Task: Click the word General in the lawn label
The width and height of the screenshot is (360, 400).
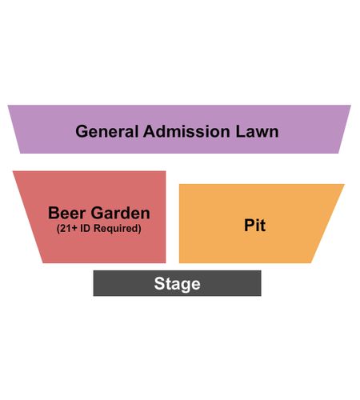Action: coord(107,131)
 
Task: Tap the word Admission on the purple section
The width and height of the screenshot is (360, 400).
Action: coord(186,131)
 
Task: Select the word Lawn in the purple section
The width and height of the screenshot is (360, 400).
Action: coord(257,131)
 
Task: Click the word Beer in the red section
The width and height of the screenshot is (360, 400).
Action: coord(66,213)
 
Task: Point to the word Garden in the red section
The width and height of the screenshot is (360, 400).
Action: coord(121,213)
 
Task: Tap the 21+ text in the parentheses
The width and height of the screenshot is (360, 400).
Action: coord(67,229)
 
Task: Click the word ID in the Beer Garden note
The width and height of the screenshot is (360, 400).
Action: coord(85,228)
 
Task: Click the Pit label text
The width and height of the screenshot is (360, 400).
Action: coord(254,226)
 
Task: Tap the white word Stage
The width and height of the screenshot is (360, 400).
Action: coord(177,284)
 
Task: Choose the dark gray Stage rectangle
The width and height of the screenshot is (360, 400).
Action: coord(177,283)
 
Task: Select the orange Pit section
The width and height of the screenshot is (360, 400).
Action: coord(254,223)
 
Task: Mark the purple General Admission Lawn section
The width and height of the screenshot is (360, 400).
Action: coord(179,130)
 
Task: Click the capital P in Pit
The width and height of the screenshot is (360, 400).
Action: coord(250,226)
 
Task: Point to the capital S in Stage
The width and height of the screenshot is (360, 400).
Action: coord(159,283)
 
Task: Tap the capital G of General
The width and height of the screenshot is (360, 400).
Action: coord(82,131)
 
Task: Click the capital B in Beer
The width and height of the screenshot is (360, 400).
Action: coord(54,213)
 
